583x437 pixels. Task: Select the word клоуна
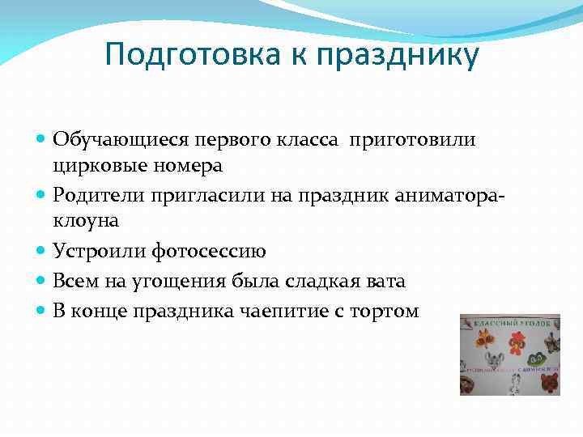click(84, 220)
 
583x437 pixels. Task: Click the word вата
click(385, 281)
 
